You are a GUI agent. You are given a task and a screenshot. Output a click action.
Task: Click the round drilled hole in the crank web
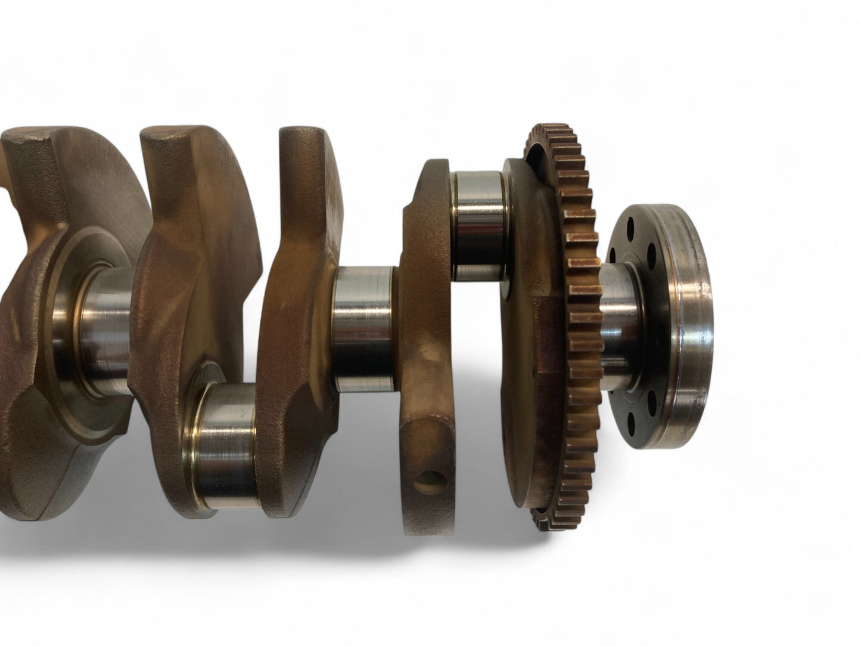click(x=434, y=461)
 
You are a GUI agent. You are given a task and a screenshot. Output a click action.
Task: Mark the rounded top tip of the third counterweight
click(x=301, y=143)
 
